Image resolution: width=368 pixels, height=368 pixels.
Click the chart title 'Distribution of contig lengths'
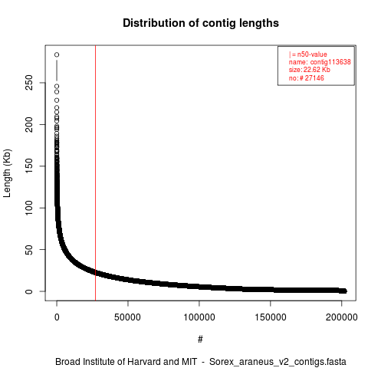click(x=201, y=23)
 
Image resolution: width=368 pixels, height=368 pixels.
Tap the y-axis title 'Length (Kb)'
click(x=7, y=173)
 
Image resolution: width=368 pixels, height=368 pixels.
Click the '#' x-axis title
click(x=200, y=339)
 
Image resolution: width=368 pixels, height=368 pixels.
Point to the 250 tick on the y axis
click(x=29, y=83)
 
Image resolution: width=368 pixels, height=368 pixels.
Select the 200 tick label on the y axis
click(x=29, y=124)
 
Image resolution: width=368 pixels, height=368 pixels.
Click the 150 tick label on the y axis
click(x=29, y=166)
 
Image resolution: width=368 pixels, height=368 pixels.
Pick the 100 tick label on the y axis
click(x=29, y=208)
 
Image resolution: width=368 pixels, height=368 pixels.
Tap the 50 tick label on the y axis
click(x=29, y=249)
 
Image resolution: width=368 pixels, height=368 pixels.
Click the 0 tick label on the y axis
click(x=29, y=291)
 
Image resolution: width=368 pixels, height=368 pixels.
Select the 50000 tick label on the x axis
click(x=127, y=317)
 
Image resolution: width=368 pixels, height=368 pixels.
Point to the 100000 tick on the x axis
click(x=199, y=317)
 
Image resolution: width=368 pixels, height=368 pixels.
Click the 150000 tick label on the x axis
click(x=271, y=317)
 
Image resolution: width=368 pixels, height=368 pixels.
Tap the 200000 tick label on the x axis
click(x=341, y=317)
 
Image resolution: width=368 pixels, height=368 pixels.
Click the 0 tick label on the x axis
click(x=57, y=317)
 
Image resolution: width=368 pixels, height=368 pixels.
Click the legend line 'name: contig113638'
click(x=320, y=62)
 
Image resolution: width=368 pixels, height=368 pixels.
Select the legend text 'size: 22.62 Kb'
click(x=310, y=70)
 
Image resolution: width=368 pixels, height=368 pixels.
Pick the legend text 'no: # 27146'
click(x=307, y=77)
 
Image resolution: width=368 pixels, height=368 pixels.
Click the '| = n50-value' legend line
click(x=308, y=54)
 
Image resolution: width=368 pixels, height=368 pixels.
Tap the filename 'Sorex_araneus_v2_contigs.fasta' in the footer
click(x=278, y=362)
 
